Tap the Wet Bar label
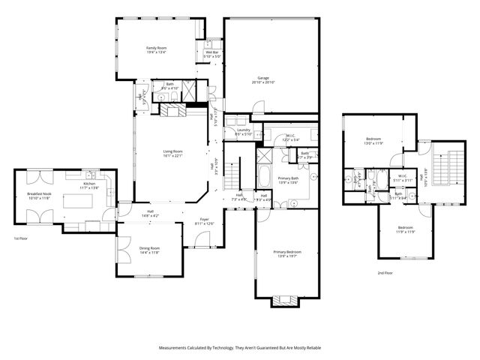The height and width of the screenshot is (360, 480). coord(211,54)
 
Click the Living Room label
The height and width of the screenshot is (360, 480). coord(173,154)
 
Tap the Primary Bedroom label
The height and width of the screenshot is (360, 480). coord(286,253)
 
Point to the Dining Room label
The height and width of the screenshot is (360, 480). coord(150,250)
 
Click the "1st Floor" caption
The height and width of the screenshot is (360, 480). coord(21,238)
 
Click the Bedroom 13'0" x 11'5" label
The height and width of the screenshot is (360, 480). coord(373,141)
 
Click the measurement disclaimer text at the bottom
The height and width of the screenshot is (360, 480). coord(239,348)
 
